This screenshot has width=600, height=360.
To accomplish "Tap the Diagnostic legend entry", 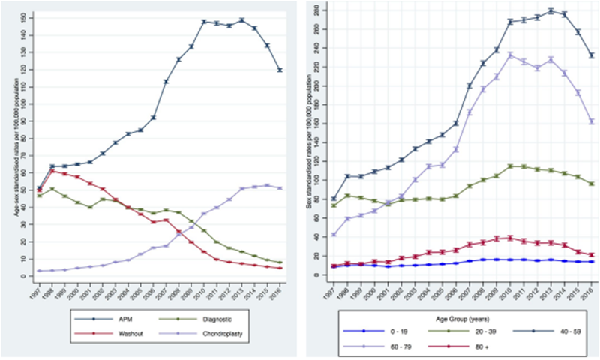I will [x=211, y=318].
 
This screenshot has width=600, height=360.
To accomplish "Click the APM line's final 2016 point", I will [x=280, y=70].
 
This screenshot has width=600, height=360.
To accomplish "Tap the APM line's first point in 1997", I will [x=39, y=188].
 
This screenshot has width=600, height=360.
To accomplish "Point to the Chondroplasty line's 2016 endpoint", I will [x=280, y=188].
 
